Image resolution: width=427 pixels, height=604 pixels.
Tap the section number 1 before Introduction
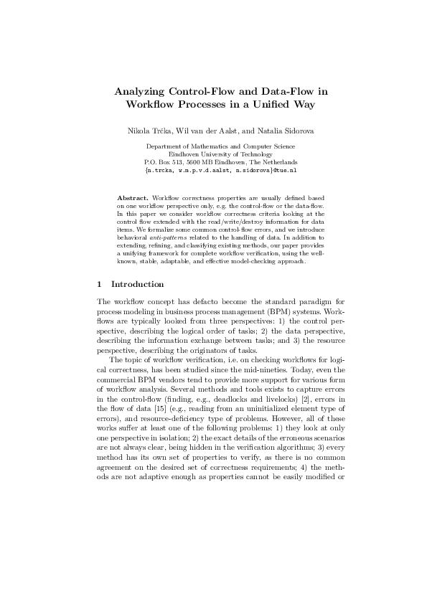tap(100, 285)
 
